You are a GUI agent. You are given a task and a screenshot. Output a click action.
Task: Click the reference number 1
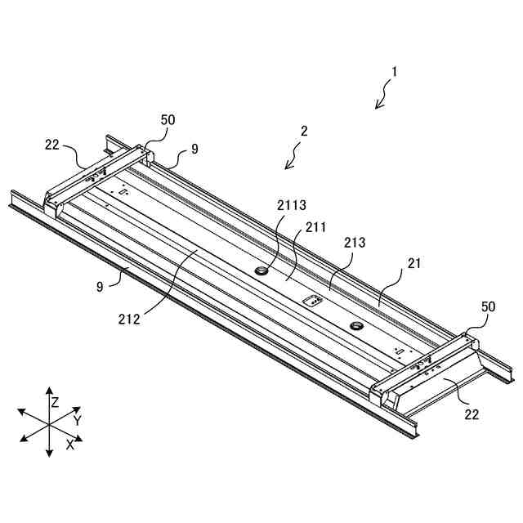click(x=394, y=71)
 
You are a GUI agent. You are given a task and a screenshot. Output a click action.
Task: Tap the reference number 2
click(x=304, y=130)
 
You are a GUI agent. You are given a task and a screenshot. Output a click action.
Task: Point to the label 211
click(x=315, y=226)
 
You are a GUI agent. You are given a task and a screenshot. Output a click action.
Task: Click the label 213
click(x=355, y=243)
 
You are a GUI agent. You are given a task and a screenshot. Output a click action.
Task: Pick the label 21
click(x=414, y=263)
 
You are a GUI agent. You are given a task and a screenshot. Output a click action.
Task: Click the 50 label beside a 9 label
click(x=168, y=119)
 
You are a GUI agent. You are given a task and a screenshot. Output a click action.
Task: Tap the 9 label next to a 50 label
click(x=194, y=149)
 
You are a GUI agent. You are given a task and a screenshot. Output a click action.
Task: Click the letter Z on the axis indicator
click(x=55, y=402)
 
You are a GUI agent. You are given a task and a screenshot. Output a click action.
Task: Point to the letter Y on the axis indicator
click(x=77, y=420)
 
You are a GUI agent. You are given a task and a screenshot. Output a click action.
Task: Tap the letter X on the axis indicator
click(x=70, y=445)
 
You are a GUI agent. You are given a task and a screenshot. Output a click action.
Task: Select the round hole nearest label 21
click(x=357, y=326)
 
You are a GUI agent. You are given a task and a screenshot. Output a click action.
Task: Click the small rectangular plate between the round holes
click(x=311, y=301)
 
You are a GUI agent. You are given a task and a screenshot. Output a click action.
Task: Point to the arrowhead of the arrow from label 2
click(x=285, y=169)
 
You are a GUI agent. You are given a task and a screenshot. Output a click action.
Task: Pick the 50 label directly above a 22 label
click(x=488, y=306)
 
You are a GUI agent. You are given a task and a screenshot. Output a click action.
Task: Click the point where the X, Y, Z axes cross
click(x=49, y=425)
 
